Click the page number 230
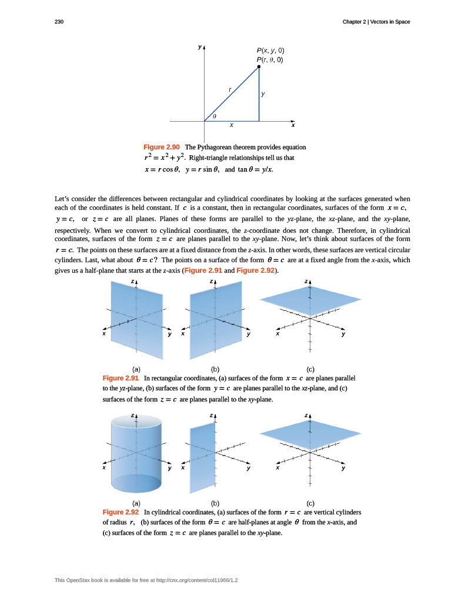(x=59, y=22)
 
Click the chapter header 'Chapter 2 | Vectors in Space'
(x=376, y=22)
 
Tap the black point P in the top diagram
(x=259, y=67)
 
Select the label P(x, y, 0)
(x=270, y=51)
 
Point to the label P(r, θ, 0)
(x=270, y=59)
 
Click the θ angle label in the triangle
(x=215, y=116)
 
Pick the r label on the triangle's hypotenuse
(x=230, y=89)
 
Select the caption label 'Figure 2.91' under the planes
(x=121, y=378)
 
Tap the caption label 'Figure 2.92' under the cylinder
(x=121, y=512)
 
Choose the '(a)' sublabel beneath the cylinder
(x=136, y=503)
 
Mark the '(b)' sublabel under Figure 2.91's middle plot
(x=215, y=369)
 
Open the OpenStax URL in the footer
(x=196, y=580)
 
